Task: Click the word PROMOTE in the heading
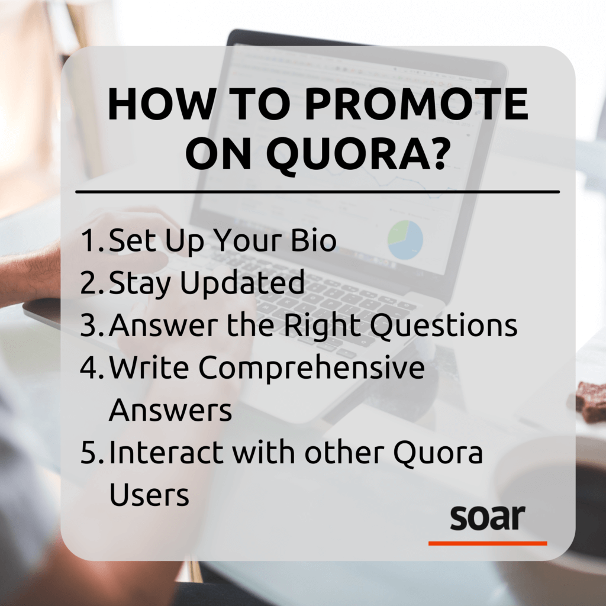416,104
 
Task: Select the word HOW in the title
162,104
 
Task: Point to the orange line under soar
488,543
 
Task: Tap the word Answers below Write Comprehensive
170,410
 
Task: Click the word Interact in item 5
166,452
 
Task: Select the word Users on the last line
149,494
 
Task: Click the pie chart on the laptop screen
405,240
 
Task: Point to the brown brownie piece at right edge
591,401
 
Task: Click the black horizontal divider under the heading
318,192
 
